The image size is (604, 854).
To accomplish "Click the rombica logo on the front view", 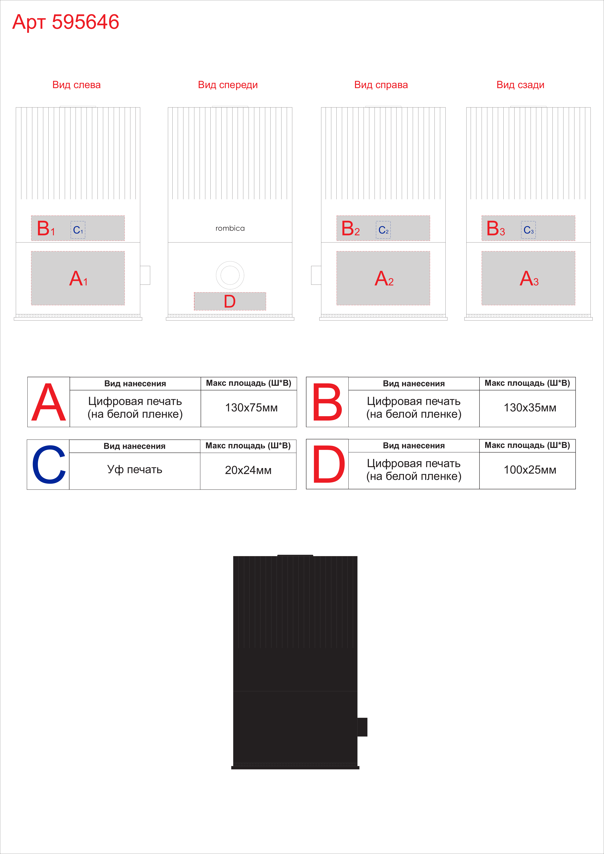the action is click(x=230, y=228).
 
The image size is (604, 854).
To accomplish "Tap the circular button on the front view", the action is click(x=230, y=275).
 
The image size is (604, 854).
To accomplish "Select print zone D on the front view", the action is click(x=230, y=301).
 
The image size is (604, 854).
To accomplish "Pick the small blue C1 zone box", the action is click(x=78, y=230).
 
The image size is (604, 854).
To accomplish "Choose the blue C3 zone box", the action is click(x=529, y=230).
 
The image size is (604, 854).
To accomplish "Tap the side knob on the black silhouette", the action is click(x=362, y=727).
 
